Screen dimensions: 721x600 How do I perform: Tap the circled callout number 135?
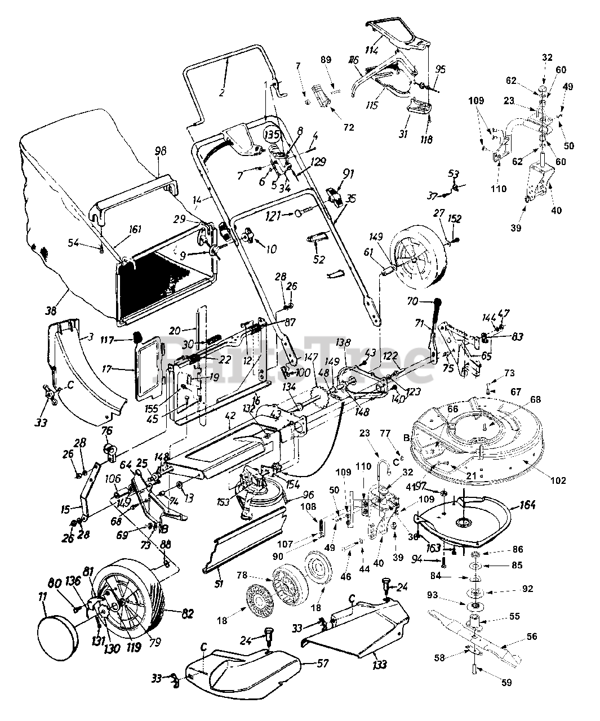(x=272, y=135)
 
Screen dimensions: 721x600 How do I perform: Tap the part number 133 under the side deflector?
(x=380, y=665)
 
